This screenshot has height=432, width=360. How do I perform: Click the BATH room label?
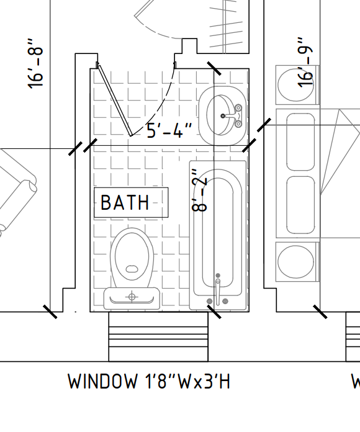pyautogui.click(x=125, y=202)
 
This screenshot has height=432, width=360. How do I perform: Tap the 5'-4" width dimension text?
pyautogui.click(x=169, y=130)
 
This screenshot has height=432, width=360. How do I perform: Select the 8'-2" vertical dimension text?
pyautogui.click(x=199, y=191)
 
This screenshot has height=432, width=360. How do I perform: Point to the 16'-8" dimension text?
pyautogui.click(x=35, y=64)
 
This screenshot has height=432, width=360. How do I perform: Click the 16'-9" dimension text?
pyautogui.click(x=306, y=63)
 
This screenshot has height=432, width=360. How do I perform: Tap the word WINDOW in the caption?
pyautogui.click(x=102, y=382)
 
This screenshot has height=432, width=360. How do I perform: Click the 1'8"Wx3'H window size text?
pyautogui.click(x=187, y=382)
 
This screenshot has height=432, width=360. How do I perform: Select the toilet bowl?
pyautogui.click(x=132, y=258)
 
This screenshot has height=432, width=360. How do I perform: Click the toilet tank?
pyautogui.click(x=132, y=298)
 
